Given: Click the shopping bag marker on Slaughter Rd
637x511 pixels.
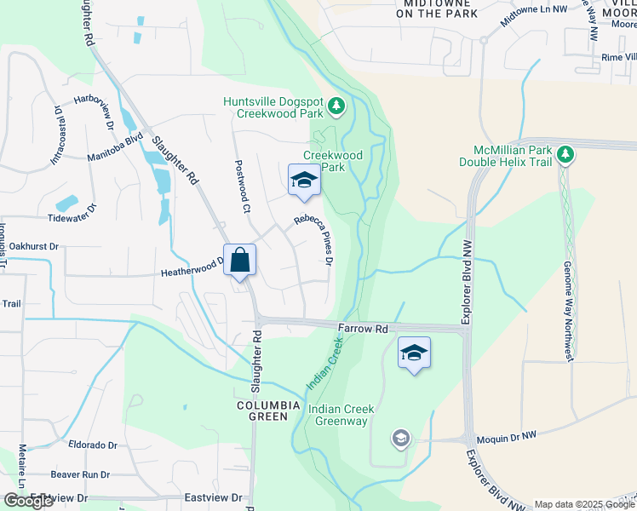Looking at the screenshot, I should tap(240, 261).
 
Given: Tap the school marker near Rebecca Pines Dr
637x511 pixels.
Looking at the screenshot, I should tap(304, 180).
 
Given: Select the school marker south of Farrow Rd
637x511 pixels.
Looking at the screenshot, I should tap(414, 353).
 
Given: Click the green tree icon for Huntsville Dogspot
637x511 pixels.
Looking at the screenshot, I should tap(338, 106).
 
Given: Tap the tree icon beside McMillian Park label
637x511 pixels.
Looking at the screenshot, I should tap(565, 154).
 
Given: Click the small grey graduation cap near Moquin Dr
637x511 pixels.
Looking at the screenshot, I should tap(400, 439).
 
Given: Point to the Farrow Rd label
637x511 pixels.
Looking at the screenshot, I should tap(363, 328).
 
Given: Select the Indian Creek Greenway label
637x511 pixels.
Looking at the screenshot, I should tap(341, 415).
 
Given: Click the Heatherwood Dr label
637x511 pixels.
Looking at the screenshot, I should tap(192, 270).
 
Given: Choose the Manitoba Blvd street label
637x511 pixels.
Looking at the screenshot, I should tap(115, 148).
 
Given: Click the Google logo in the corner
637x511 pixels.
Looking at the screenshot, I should tap(28, 501).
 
